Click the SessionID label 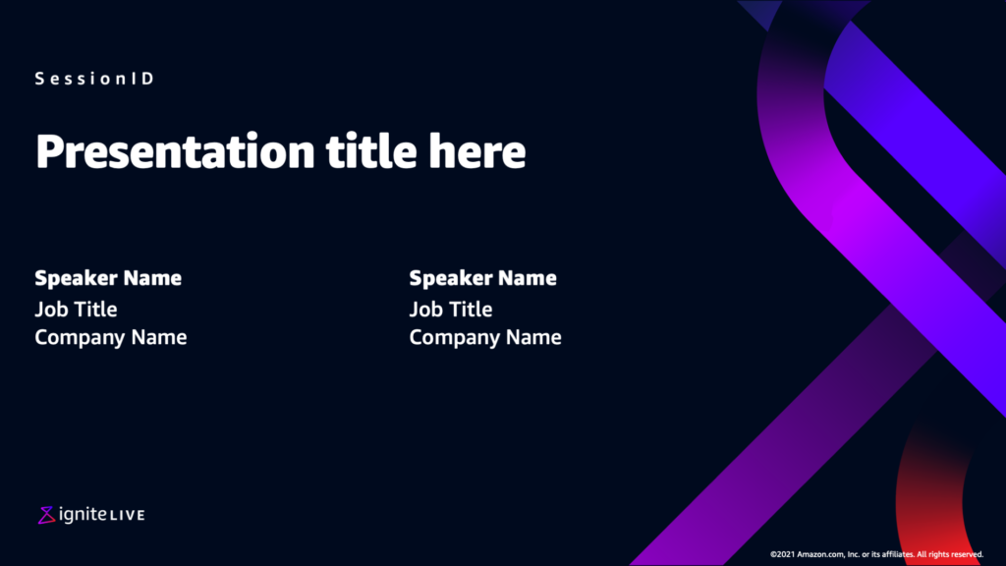coord(94,79)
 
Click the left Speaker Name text coord(108,278)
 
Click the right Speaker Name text coord(482,278)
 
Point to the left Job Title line coord(76,310)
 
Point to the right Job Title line coord(450,310)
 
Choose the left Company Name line coord(110,338)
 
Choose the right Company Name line coord(485,338)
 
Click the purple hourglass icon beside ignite coord(46,515)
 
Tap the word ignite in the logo coord(83,514)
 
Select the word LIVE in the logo coord(127,515)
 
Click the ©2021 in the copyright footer coord(782,554)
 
